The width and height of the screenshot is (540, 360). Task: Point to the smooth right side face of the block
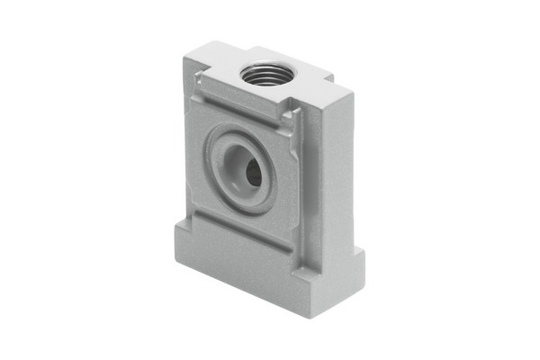328,171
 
